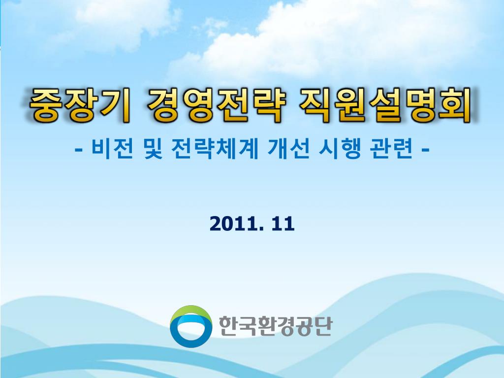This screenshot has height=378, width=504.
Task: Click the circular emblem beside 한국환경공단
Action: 190,326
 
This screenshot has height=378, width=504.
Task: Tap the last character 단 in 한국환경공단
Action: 322,326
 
